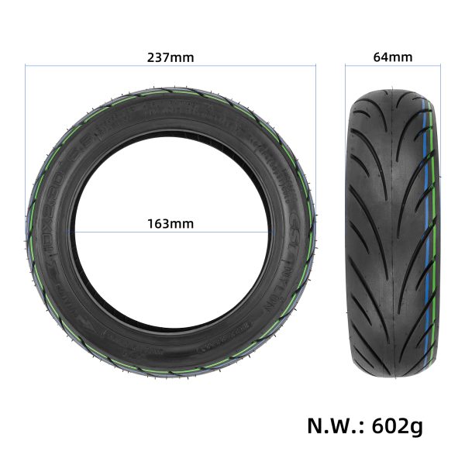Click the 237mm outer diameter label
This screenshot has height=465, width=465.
pyautogui.click(x=170, y=57)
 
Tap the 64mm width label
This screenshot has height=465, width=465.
pyautogui.click(x=392, y=57)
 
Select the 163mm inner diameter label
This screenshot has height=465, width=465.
pyautogui.click(x=170, y=224)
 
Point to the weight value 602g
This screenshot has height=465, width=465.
pyautogui.click(x=397, y=425)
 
